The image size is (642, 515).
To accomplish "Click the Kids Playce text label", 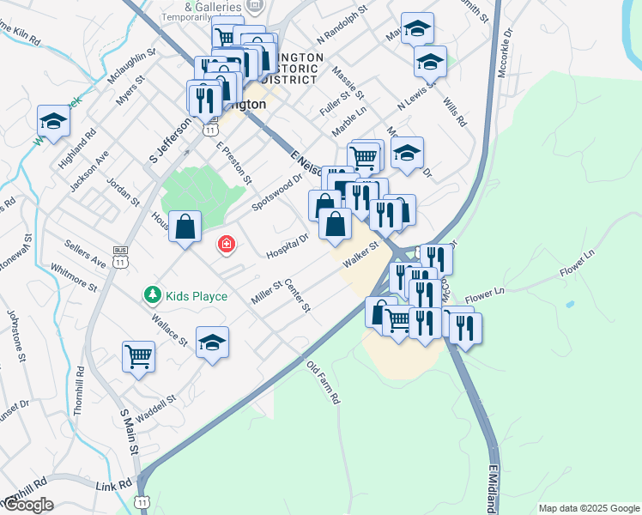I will point(196,296).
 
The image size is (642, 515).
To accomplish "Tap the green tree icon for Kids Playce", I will point(152,295).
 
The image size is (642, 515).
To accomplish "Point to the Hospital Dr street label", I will point(287,245).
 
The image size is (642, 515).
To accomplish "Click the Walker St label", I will point(361,255).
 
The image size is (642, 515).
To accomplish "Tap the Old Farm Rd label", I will point(324,382).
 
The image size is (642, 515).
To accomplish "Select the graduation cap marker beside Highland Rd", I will point(52,121).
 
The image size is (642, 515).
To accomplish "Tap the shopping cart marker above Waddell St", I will point(138,355).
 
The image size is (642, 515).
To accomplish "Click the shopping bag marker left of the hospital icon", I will point(185,227).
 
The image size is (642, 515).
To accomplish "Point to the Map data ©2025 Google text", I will point(589,508).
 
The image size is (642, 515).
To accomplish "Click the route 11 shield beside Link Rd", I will point(142,500).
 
